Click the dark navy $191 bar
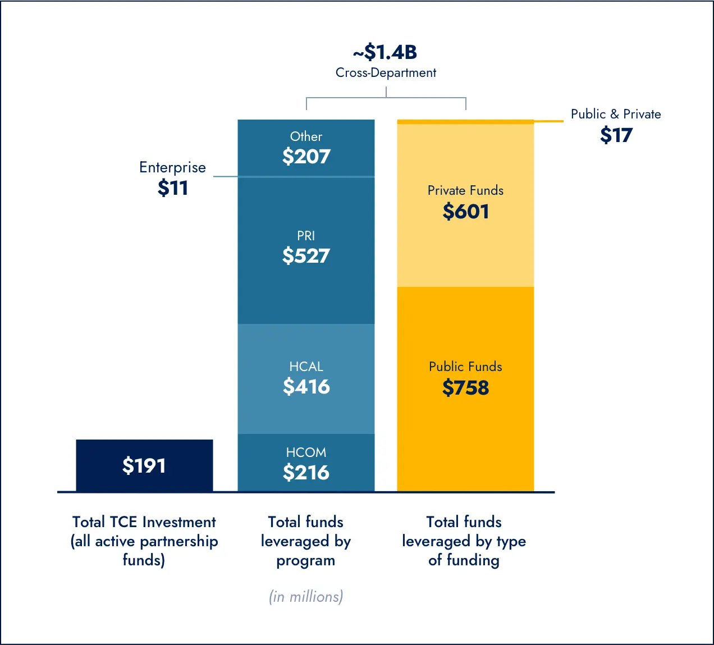(144, 465)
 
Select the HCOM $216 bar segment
(306, 463)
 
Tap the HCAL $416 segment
(306, 378)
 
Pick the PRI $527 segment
(306, 250)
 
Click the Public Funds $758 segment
(465, 388)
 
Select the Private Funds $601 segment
(465, 205)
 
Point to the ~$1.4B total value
(386, 52)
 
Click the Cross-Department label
(386, 73)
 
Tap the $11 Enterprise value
(173, 188)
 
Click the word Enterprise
(172, 167)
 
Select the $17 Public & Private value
(616, 135)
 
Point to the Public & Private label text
(616, 114)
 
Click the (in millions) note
(306, 596)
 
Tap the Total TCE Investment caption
(144, 541)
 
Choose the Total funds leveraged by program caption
(306, 541)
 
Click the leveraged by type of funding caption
(464, 541)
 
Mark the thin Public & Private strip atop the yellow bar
(465, 121)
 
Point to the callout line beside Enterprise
(226, 177)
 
